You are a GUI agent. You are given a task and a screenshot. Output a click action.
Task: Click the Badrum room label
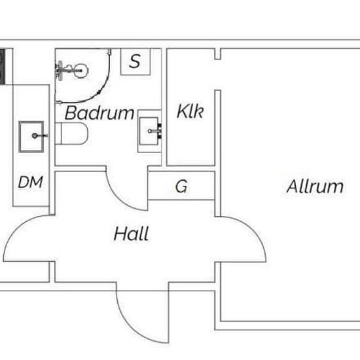pos(99,113)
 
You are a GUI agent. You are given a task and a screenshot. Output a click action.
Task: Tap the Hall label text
pos(132,234)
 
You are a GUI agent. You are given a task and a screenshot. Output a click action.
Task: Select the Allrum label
pos(315,186)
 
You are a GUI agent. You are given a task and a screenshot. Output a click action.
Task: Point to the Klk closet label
pos(190,111)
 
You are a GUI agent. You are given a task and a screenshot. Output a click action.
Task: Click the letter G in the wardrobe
pos(181,186)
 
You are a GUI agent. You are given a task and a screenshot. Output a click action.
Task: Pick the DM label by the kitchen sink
pos(31,182)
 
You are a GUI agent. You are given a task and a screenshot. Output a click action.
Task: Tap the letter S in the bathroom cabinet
pos(135,61)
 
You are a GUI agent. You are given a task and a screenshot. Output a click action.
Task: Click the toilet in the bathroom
pos(71,134)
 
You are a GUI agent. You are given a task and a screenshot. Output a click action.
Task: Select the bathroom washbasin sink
pos(149,131)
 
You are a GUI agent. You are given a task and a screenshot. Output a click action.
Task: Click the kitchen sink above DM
pos(31,137)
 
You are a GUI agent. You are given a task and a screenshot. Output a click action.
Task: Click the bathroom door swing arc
pos(119,198)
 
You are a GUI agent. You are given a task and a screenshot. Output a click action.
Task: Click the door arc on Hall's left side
pos(17,229)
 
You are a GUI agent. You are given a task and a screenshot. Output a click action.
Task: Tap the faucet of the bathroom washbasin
pos(155,131)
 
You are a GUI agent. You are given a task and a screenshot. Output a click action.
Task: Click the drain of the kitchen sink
pos(35,135)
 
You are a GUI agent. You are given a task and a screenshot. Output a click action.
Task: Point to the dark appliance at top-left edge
pos(3,67)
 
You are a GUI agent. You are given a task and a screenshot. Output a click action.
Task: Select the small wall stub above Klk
pos(218,54)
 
